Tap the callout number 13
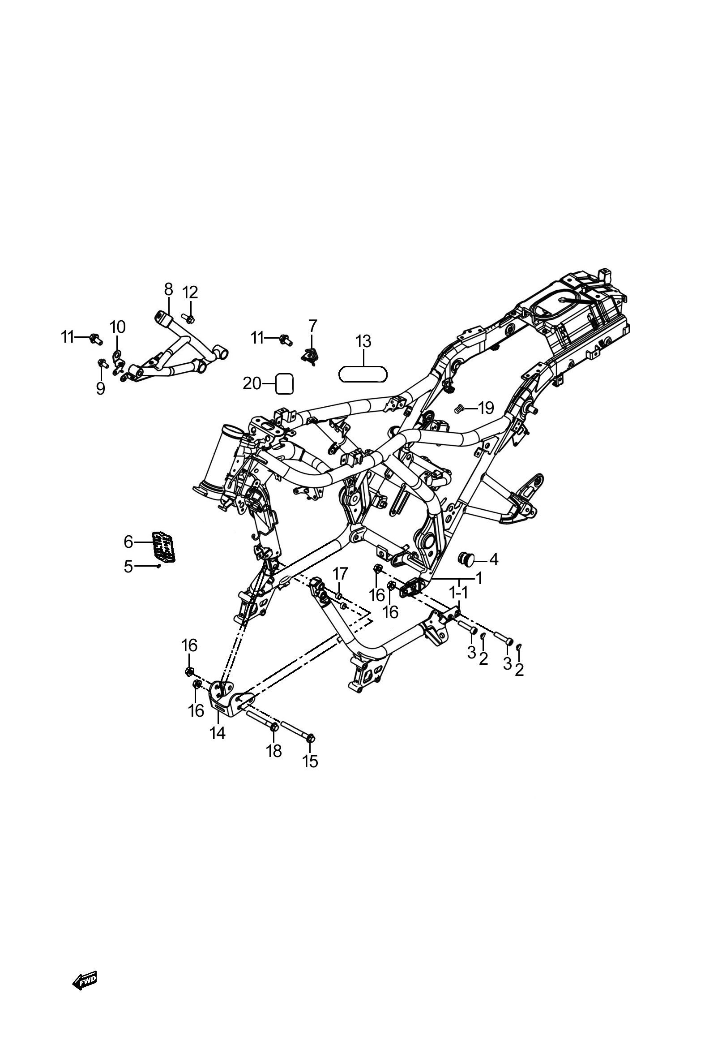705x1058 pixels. (363, 342)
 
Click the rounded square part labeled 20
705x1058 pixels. (284, 384)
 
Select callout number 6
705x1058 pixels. (128, 542)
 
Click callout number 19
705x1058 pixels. (486, 409)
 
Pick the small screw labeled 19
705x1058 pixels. (459, 409)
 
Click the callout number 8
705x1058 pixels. (168, 289)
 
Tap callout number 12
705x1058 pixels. (190, 292)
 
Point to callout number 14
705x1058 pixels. (217, 734)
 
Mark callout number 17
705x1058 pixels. (340, 573)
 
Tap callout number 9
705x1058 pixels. (100, 388)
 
